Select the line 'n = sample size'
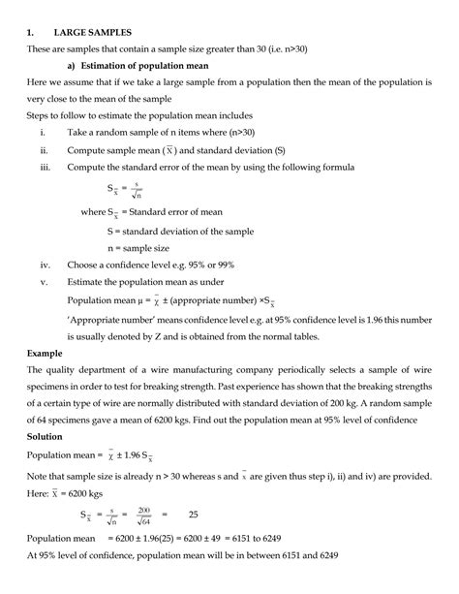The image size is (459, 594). (144, 246)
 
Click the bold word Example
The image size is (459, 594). (46, 354)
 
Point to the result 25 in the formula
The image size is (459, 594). (194, 515)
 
